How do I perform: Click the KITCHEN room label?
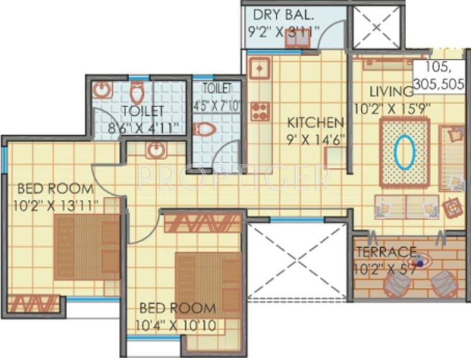[316, 122]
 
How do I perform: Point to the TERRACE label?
[387, 252]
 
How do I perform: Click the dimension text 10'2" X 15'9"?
[392, 108]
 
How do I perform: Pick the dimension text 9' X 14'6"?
[316, 139]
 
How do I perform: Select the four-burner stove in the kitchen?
[259, 111]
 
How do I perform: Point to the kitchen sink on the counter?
[259, 66]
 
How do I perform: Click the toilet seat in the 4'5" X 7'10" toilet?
[205, 130]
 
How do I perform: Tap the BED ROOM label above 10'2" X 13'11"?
[55, 188]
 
